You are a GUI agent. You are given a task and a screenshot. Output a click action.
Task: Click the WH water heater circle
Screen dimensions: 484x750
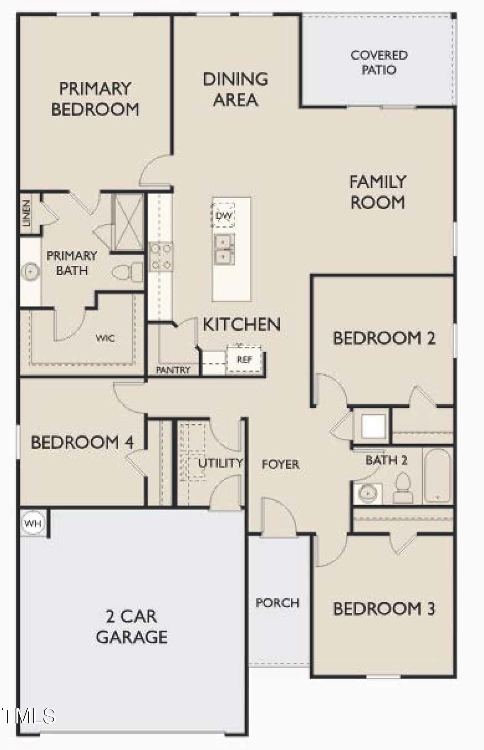tap(33, 523)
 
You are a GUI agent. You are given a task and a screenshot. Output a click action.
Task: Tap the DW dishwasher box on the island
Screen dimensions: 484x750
tap(223, 216)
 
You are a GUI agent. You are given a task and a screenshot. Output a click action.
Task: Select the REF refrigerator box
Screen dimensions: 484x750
tap(244, 360)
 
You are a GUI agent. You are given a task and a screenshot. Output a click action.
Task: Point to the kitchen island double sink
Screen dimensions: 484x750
tap(224, 249)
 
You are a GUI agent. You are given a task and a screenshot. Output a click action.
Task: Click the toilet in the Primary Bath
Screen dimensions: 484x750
tap(127, 272)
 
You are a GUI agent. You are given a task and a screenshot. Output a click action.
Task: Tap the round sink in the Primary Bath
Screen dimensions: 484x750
tap(30, 272)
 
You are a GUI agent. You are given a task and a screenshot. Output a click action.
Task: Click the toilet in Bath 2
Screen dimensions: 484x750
tap(403, 488)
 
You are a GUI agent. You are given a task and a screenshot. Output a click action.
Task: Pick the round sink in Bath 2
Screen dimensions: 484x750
tap(367, 494)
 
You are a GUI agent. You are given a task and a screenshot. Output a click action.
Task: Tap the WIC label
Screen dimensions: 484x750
tap(105, 339)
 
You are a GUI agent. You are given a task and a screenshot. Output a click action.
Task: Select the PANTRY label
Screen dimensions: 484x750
tap(173, 370)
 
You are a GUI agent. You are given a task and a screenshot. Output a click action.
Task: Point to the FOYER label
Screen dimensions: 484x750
tap(281, 464)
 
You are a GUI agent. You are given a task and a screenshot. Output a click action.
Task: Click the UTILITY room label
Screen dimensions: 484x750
tap(221, 463)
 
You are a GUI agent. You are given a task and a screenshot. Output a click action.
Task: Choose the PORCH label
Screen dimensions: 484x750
tap(277, 603)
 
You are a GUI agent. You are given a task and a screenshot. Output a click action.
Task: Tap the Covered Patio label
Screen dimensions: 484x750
tap(379, 62)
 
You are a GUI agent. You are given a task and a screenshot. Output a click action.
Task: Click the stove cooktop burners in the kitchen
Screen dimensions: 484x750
tap(160, 257)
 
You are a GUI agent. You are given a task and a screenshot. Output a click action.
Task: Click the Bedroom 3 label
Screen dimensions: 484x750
tap(384, 609)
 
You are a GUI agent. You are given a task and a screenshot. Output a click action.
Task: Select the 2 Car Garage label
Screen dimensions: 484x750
tap(131, 627)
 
